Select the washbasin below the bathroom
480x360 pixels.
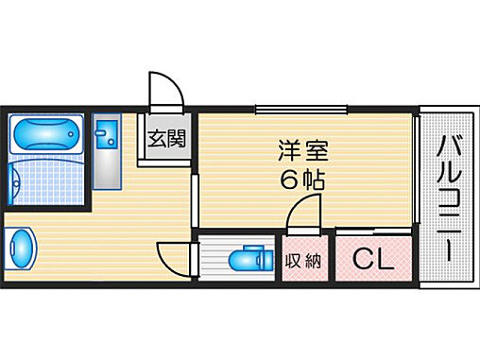coord(21,249)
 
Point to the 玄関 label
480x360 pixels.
coord(166,139)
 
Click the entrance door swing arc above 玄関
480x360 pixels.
coord(168,92)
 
